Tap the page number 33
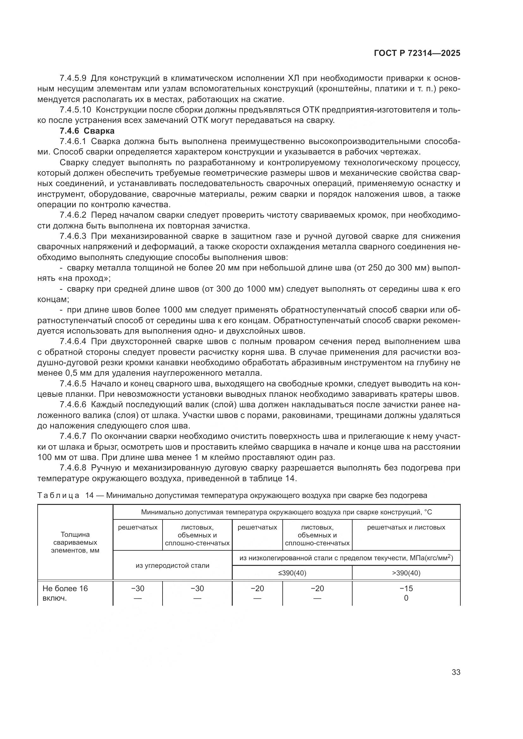pyautogui.click(x=456, y=672)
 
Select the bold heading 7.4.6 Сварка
pyautogui.click(x=87, y=131)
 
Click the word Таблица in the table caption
pyautogui.click(x=58, y=495)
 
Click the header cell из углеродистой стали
pyautogui.click(x=172, y=565)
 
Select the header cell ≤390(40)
pyautogui.click(x=292, y=573)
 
